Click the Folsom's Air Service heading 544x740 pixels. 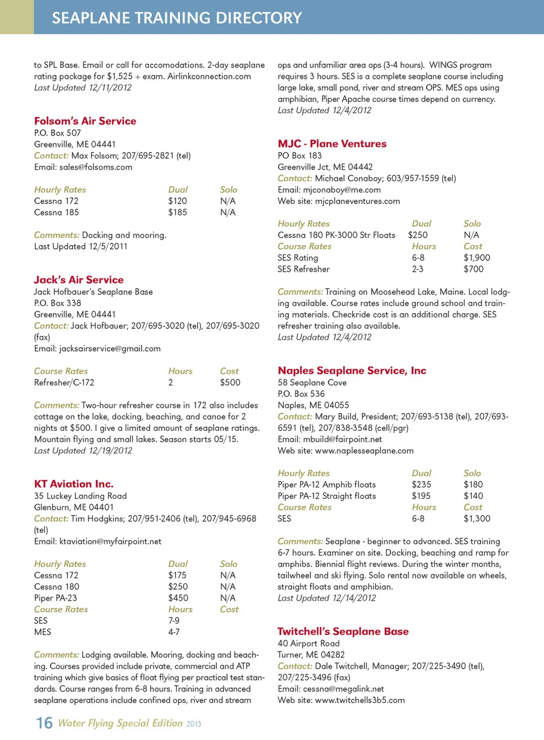(85, 121)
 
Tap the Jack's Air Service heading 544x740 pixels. (79, 280)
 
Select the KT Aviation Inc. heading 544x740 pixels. (74, 484)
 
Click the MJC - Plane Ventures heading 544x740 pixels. (332, 143)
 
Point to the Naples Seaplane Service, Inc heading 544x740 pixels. (352, 370)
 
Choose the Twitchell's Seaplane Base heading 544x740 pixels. (343, 631)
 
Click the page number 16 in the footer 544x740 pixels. (44, 723)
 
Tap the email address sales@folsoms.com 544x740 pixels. (96, 167)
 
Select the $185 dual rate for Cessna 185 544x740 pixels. (177, 213)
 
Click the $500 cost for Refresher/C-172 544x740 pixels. (230, 383)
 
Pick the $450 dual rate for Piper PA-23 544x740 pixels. (178, 598)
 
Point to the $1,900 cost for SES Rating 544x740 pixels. (477, 258)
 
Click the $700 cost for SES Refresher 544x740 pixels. (473, 269)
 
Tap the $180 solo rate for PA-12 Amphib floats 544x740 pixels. (473, 485)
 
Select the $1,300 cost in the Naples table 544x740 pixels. (477, 519)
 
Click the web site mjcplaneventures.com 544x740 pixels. (357, 201)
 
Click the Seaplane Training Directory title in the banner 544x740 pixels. (177, 18)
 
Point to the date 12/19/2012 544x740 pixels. (110, 451)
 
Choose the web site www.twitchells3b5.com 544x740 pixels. (360, 700)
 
